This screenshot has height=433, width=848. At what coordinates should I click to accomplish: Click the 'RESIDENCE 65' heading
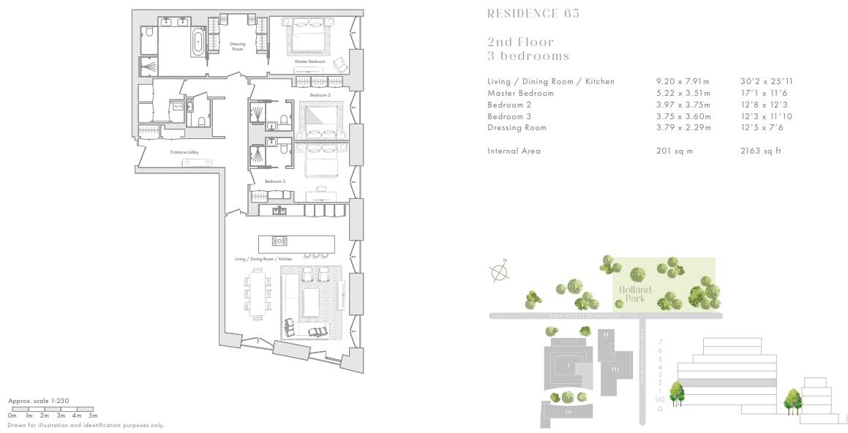(x=533, y=13)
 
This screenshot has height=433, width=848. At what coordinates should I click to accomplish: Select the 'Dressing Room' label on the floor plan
(x=237, y=46)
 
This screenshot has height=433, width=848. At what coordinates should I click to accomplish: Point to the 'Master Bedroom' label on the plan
(x=309, y=61)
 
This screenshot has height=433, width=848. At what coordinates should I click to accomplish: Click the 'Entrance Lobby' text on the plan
(x=184, y=152)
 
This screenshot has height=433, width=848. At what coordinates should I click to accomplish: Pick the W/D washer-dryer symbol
(x=177, y=107)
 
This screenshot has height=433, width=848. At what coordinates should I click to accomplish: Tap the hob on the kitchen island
(x=279, y=241)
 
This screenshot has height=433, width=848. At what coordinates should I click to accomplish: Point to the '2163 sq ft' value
(x=761, y=151)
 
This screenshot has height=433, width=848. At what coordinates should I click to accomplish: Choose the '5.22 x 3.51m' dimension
(x=683, y=93)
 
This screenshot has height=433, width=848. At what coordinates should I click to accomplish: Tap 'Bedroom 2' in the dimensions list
(x=509, y=105)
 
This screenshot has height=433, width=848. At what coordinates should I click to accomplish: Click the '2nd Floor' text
(x=520, y=42)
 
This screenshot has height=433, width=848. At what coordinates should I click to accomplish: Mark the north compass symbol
(x=499, y=271)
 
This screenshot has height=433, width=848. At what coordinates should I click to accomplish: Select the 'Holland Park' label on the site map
(x=634, y=294)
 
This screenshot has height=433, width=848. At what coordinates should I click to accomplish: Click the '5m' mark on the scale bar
(x=93, y=415)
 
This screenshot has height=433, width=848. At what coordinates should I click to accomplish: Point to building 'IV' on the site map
(x=568, y=413)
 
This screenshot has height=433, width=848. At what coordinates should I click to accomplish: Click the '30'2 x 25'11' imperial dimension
(x=766, y=81)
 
